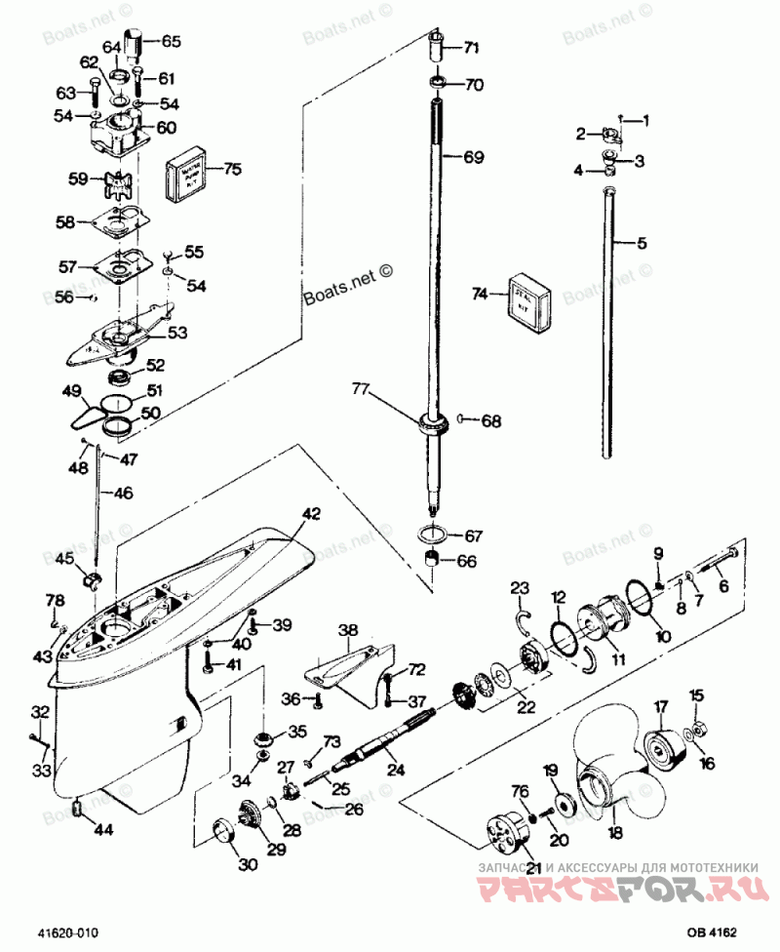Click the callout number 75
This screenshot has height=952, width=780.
[231, 168]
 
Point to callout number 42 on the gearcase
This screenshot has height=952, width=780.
[310, 513]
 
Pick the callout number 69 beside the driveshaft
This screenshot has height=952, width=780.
[472, 157]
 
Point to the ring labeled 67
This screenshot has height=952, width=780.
[433, 536]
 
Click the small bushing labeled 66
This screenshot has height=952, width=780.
[433, 562]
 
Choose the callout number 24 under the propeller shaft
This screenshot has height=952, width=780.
[396, 770]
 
